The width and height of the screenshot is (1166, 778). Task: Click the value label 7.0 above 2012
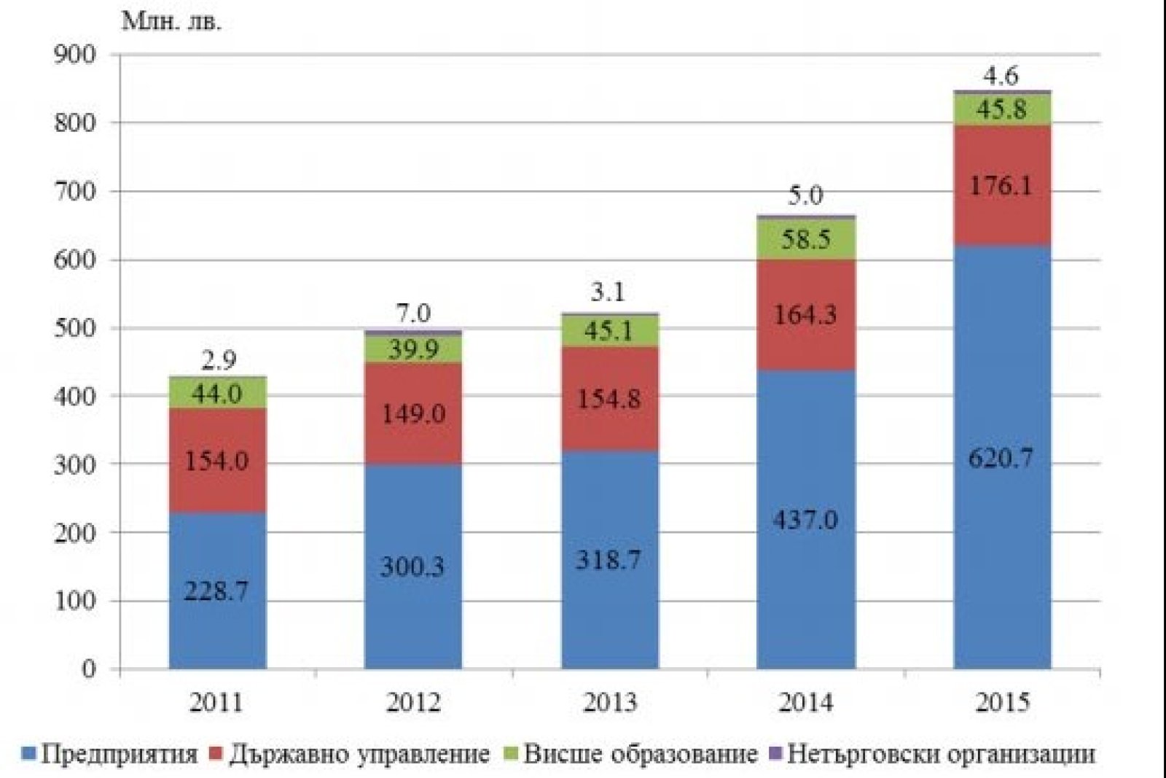[413, 314]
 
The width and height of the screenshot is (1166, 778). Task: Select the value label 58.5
[805, 239]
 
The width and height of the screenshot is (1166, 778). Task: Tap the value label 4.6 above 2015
[1001, 76]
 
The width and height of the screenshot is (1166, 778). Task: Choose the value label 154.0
[216, 461]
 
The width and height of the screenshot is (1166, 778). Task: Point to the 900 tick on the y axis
[74, 55]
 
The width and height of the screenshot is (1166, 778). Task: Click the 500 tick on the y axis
[74, 328]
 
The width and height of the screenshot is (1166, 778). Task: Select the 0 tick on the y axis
[89, 669]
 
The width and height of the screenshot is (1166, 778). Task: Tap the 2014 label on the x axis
[805, 702]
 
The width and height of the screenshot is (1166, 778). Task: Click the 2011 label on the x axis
[216, 702]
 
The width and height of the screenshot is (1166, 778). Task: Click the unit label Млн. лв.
[172, 22]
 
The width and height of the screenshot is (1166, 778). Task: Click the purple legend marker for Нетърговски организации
[775, 752]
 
